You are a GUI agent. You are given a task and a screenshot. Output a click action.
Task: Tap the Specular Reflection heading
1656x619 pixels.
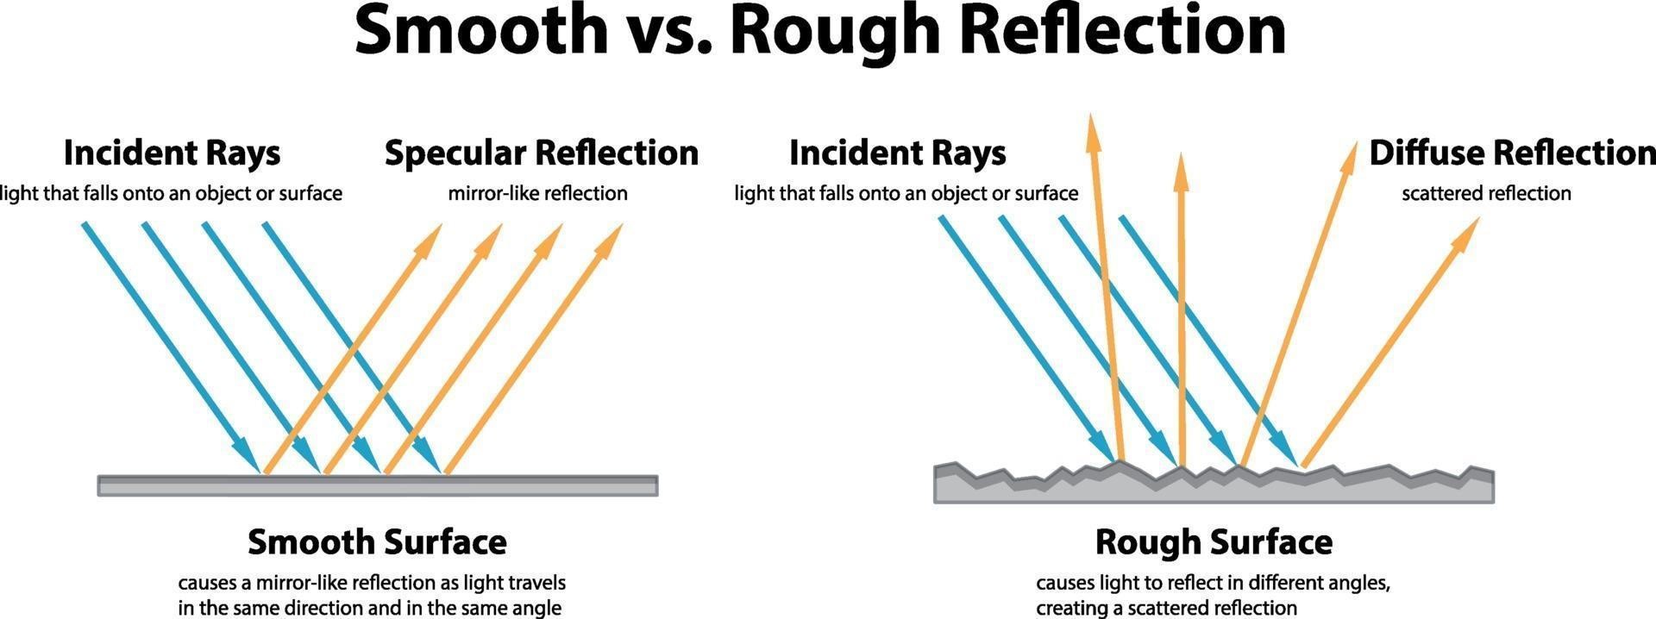coord(542,153)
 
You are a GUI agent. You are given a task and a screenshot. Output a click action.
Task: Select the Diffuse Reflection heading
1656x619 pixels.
coord(1511,153)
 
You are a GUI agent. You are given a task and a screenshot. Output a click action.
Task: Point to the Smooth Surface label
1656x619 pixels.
coord(377,542)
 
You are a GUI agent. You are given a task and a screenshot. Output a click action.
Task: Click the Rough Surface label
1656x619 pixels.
coord(1214,542)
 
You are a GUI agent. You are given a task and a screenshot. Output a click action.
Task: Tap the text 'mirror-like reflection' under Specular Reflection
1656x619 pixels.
coord(537,193)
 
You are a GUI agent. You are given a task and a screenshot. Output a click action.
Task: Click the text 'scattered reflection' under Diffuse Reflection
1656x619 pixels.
coord(1486,193)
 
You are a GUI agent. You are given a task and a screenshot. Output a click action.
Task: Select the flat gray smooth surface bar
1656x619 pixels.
coord(377,486)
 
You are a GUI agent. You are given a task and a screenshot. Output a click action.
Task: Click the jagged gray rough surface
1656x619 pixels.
coord(1214,488)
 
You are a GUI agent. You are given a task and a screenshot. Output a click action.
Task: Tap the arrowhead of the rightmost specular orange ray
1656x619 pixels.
coord(610,239)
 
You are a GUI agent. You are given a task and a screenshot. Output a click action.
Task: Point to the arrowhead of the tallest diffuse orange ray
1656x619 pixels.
coord(1093,131)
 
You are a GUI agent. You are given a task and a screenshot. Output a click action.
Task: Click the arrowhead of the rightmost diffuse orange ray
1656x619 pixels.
coord(1467,233)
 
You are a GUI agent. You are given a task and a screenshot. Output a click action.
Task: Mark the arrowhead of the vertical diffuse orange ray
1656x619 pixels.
coord(1181,171)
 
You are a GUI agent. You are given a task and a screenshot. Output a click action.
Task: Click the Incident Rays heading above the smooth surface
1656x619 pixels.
coord(172,153)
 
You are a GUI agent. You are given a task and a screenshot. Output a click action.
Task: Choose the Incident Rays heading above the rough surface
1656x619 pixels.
coord(897,153)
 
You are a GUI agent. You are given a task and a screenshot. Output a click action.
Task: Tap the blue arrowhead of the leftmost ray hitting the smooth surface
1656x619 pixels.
coord(248,457)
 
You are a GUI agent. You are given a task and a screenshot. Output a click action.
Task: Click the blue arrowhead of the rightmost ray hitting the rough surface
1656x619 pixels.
coord(1285,453)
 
